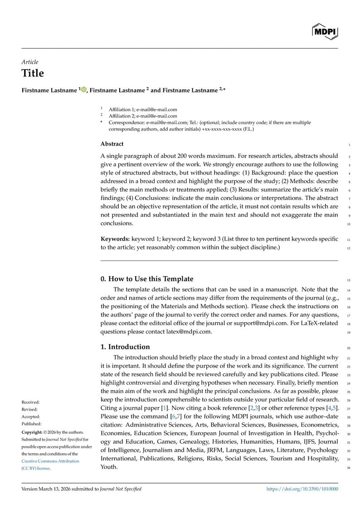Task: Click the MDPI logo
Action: [x=325, y=31]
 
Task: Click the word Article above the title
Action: [x=30, y=62]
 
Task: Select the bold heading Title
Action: [x=33, y=73]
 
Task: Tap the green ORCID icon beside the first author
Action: [x=84, y=90]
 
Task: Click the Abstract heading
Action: [x=112, y=144]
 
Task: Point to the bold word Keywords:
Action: [x=115, y=239]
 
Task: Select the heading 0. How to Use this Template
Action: [x=147, y=279]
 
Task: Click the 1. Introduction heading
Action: [x=125, y=347]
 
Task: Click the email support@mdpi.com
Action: [x=263, y=323]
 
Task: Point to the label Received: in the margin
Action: [x=31, y=402]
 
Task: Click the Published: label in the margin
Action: [x=31, y=424]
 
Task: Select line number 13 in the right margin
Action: [x=349, y=280]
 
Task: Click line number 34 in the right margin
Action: [x=349, y=468]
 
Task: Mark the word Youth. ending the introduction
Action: [x=109, y=467]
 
